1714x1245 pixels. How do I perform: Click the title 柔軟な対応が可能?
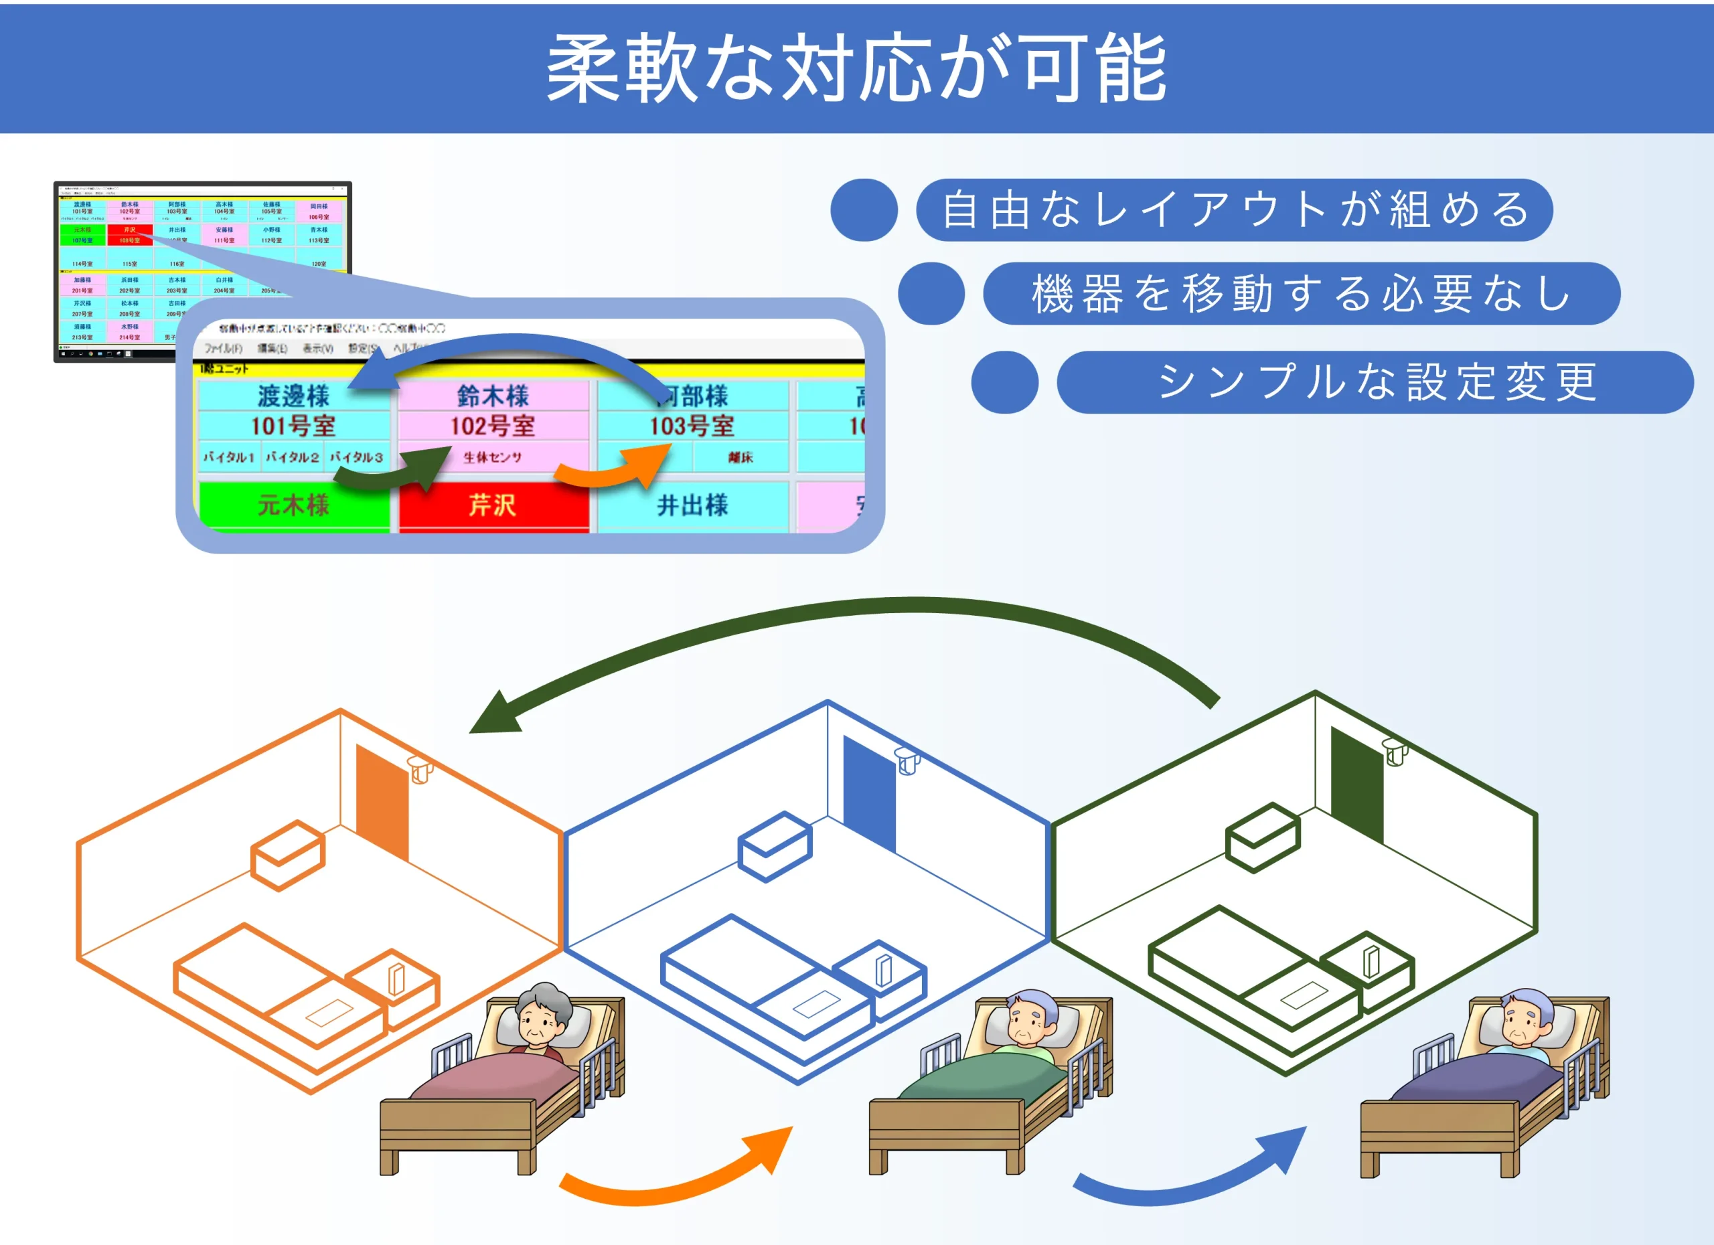[856, 70]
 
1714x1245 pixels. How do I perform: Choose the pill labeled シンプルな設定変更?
[1375, 382]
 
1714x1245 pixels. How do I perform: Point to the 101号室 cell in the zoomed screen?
[293, 426]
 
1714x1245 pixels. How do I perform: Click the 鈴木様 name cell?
[493, 396]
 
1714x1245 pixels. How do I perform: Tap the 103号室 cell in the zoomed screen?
[692, 426]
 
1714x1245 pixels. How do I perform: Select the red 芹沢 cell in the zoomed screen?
[493, 505]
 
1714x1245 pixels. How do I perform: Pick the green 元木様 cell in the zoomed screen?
[293, 505]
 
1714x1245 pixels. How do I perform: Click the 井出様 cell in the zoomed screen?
[692, 505]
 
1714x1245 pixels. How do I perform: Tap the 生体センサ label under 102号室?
[493, 458]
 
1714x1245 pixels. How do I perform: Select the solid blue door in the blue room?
[869, 793]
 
